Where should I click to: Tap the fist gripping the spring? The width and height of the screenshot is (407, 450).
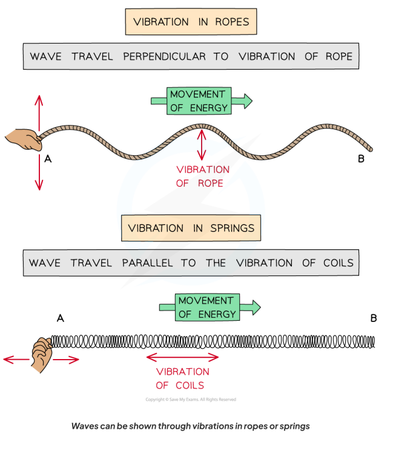tap(41, 352)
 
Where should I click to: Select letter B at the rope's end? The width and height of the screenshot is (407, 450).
tap(361, 159)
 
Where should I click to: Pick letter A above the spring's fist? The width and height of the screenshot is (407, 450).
tap(60, 318)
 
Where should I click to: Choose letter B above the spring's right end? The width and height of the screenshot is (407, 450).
tap(374, 318)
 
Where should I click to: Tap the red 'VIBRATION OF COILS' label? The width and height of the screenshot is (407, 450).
tap(182, 378)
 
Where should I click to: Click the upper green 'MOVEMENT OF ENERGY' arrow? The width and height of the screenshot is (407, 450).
tap(201, 101)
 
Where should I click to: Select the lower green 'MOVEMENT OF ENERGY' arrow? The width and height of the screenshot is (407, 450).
tap(209, 307)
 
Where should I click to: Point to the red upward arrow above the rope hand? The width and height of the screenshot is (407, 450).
tap(39, 112)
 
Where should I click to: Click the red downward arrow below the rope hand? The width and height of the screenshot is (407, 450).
tap(39, 172)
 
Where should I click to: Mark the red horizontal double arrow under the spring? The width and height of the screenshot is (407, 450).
tap(182, 358)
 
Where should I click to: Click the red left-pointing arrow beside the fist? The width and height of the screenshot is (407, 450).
tap(16, 360)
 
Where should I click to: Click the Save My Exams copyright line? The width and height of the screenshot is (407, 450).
tap(191, 400)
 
